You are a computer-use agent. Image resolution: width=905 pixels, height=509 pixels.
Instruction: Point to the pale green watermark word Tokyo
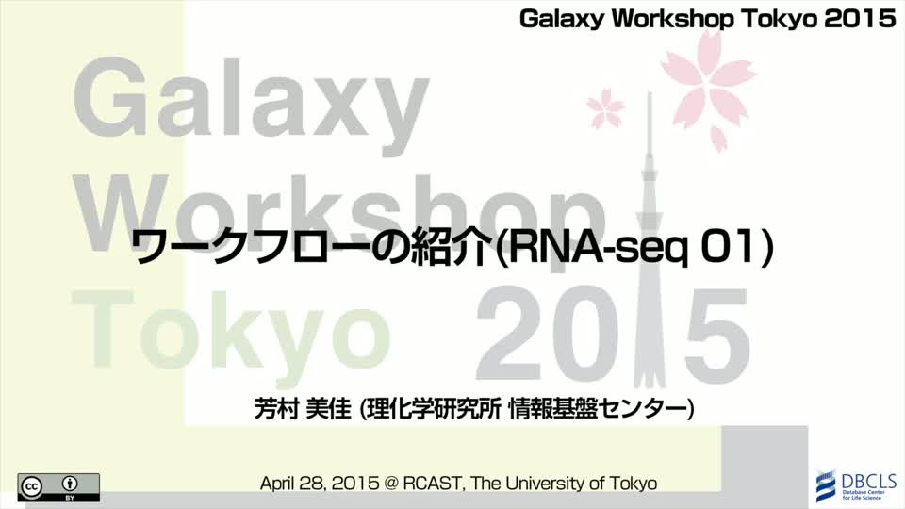pos(232,331)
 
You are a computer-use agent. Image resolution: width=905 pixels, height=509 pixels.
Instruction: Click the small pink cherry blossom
pos(605,107)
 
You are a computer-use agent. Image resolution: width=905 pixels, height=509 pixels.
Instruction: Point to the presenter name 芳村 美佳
pos(303,409)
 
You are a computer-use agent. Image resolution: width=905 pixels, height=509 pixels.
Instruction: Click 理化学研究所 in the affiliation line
pos(435,409)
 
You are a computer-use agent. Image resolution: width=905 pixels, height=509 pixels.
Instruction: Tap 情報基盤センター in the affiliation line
pos(599,409)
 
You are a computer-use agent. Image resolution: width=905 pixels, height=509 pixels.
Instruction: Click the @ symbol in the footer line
pos(391,484)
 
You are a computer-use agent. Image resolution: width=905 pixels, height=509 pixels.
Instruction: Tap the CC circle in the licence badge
pos(31,487)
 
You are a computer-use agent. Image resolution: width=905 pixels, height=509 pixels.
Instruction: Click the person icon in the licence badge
pos(70,483)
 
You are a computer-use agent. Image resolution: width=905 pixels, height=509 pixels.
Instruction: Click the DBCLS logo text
pos(868,481)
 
